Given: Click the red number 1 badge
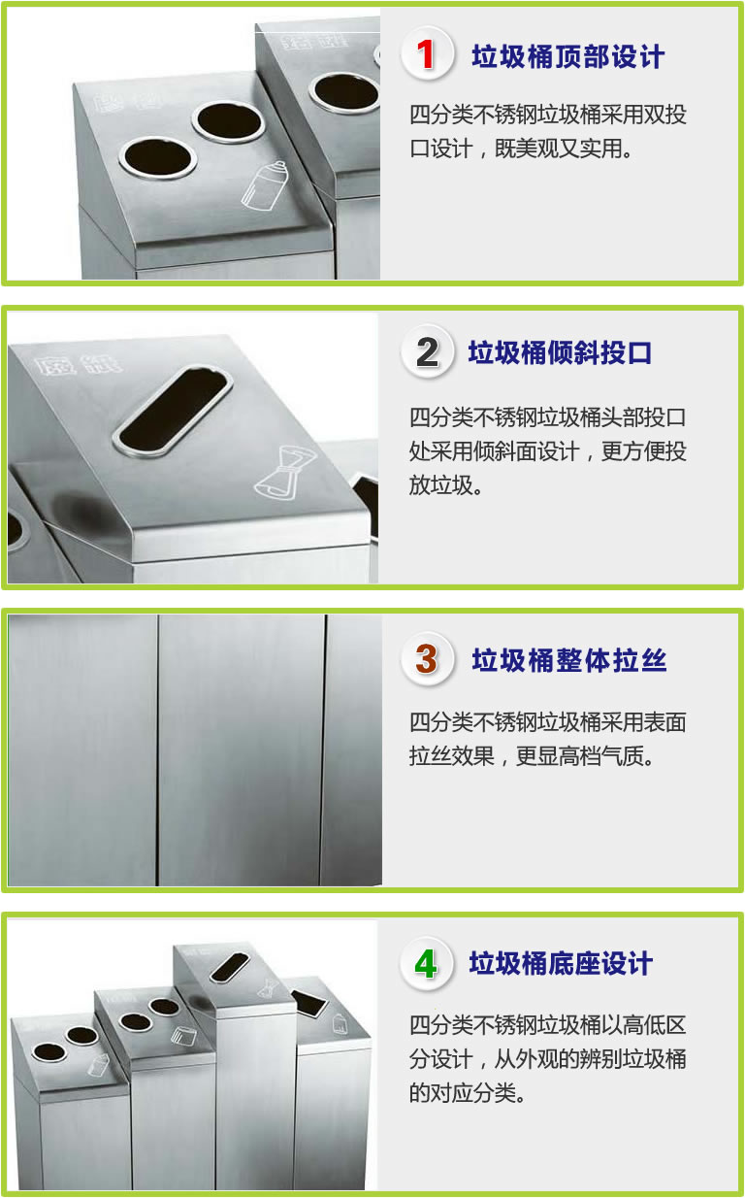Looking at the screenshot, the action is click(427, 54).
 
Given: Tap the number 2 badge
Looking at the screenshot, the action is click(427, 351).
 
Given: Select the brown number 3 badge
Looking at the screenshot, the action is click(427, 659).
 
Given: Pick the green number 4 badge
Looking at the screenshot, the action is click(426, 964).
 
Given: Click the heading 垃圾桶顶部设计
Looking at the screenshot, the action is click(568, 56).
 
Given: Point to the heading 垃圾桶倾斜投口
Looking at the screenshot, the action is click(560, 352).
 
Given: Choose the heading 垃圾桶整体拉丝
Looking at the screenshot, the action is click(569, 660).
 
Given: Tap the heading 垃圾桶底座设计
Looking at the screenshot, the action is click(561, 963).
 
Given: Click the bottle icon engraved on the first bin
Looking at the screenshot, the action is click(265, 185).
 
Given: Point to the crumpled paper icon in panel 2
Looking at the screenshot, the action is click(285, 473).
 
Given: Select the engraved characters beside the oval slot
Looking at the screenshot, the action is click(78, 365).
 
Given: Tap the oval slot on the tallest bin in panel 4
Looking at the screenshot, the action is click(230, 968).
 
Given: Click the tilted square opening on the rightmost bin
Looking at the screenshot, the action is click(309, 1003).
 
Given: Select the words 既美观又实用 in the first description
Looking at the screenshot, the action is click(558, 149).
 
